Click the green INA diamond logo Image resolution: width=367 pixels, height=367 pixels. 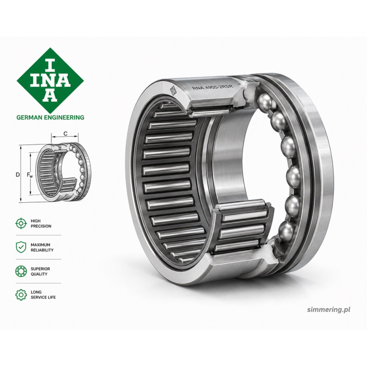(50, 81)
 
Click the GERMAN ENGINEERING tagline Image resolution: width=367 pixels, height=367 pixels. (50, 117)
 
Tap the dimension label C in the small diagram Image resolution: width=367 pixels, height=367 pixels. (66, 133)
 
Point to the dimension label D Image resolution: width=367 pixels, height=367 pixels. (17, 175)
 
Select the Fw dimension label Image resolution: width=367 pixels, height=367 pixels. (30, 175)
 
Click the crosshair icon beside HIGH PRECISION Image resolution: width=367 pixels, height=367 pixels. (21, 223)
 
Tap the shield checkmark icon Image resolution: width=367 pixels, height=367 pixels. (21, 247)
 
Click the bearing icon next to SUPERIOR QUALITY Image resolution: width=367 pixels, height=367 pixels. (21, 271)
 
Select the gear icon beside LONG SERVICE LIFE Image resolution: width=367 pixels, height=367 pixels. (21, 295)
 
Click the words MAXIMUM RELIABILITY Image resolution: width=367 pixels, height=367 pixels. (42, 247)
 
